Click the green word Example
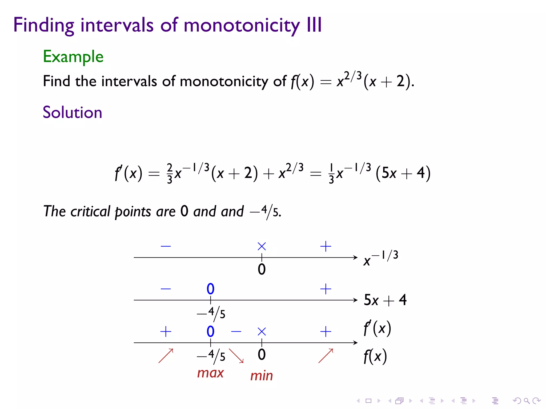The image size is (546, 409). coord(73,57)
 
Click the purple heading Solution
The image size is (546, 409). coord(72,112)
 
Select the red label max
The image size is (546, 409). coord(210,373)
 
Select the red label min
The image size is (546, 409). coord(262,376)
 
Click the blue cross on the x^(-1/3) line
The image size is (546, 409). coord(262,246)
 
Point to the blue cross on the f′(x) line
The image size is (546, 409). coord(262,332)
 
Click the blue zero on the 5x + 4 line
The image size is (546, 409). coord(210,289)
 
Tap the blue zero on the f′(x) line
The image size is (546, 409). coord(210,332)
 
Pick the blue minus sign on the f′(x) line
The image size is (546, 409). coord(236,332)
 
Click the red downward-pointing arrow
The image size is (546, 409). coord(236,356)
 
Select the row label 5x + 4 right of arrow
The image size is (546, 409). coord(385,300)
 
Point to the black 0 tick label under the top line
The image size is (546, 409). coord(262,269)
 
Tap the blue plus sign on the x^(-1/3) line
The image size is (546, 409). coord(326,246)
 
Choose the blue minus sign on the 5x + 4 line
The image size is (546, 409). coord(166,289)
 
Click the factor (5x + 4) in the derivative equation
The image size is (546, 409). coord(403,173)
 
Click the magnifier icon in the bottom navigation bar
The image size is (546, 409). coord(527,400)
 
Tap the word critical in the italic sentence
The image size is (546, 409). coord(90,212)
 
